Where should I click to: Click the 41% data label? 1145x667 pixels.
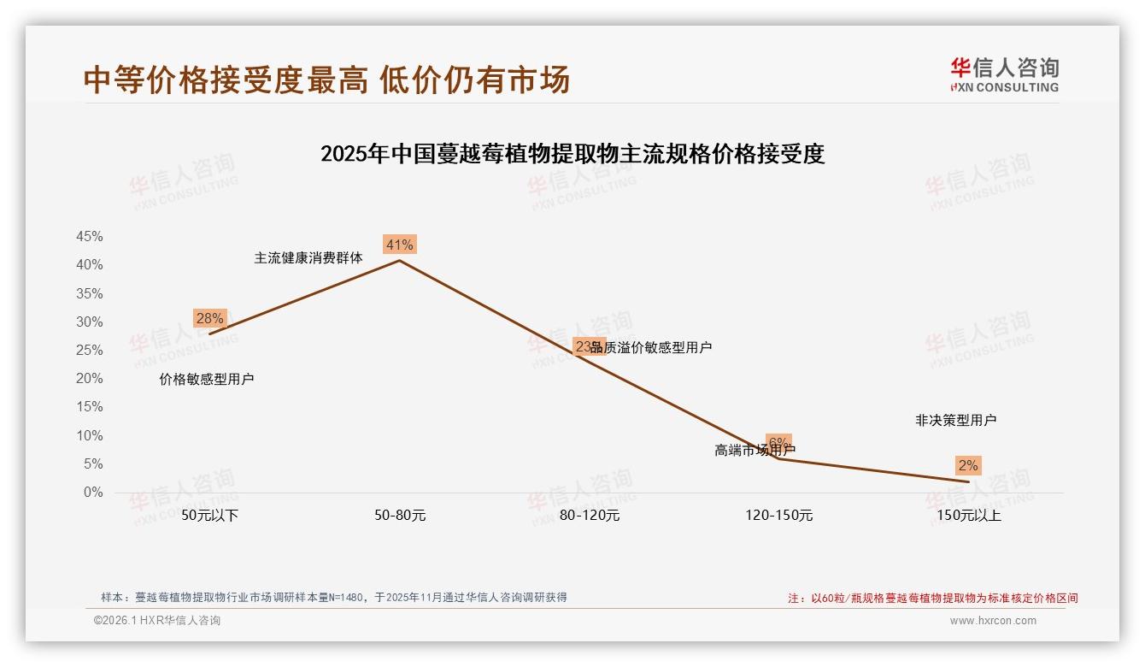399,245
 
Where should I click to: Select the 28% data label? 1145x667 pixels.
209,319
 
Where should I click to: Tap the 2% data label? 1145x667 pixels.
967,466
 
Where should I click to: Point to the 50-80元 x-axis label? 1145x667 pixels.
400,516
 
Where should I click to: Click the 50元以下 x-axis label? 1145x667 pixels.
210,516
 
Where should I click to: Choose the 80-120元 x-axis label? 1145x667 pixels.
590,516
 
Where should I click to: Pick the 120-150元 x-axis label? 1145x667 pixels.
778,516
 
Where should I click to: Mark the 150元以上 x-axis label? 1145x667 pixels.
968,516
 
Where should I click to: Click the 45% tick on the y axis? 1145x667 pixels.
90,236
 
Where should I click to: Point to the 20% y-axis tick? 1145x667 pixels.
90,379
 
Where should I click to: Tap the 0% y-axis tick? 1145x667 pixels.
93,493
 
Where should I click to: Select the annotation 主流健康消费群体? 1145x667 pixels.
308,257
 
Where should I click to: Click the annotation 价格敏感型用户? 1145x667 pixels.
207,380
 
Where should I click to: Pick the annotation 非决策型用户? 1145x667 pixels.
955,421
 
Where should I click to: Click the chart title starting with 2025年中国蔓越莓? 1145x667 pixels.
572,154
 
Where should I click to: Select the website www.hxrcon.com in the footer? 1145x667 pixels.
993,621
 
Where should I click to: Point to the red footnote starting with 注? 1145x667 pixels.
932,599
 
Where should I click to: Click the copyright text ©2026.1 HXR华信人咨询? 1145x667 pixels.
157,621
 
